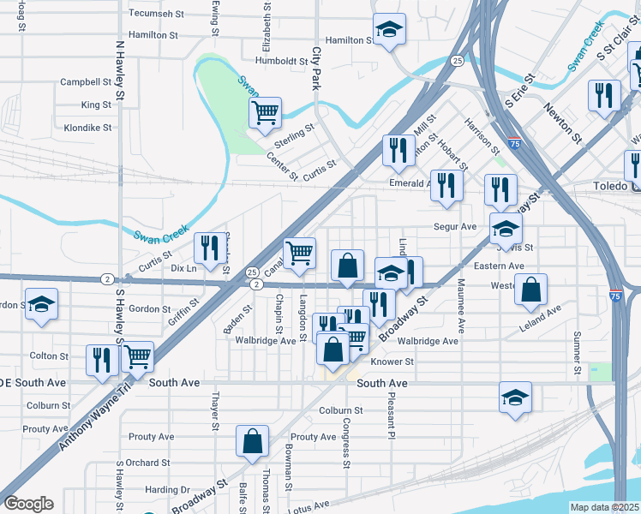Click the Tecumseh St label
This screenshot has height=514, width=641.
click(x=157, y=14)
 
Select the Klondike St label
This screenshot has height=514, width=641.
click(x=87, y=128)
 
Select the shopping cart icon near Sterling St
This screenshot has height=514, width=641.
click(x=266, y=112)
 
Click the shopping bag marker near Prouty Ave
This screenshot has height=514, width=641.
click(x=254, y=442)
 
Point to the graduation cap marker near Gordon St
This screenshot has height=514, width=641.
click(x=41, y=306)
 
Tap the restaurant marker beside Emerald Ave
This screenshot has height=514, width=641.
click(x=446, y=185)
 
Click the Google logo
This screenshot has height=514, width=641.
click(x=28, y=504)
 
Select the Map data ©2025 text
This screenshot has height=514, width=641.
click(x=605, y=507)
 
